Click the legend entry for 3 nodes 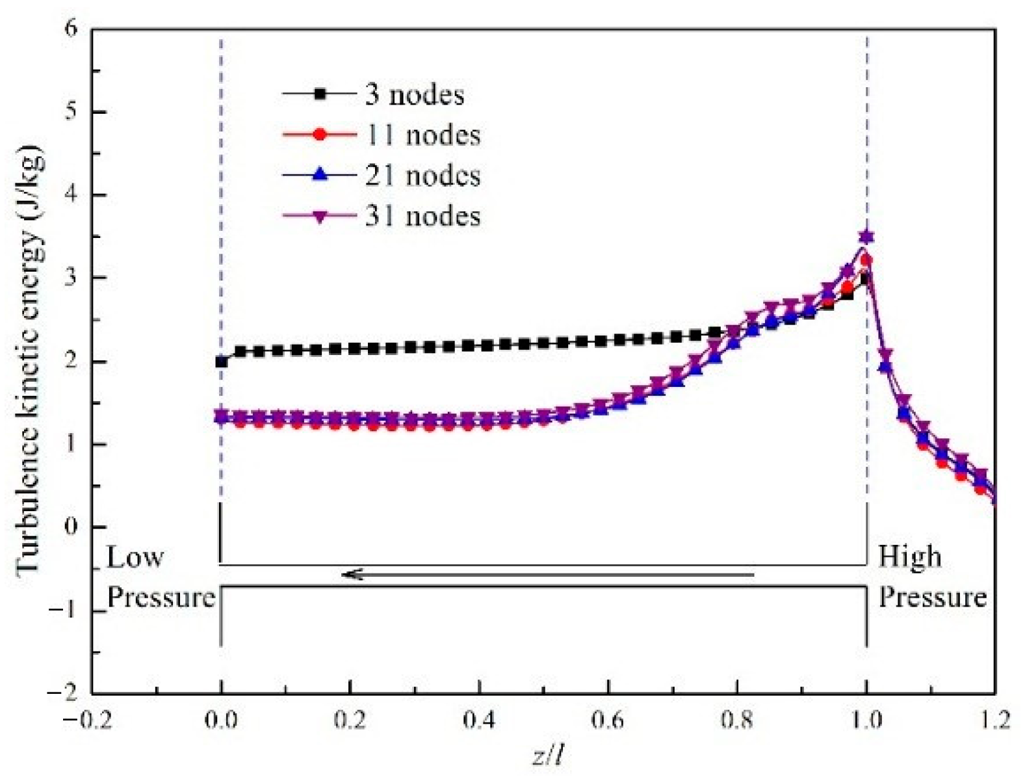[414, 95]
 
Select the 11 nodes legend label [422, 135]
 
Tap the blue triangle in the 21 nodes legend [319, 175]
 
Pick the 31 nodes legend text [422, 216]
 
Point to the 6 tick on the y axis [70, 29]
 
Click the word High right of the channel [909, 557]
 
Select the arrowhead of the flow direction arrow [351, 574]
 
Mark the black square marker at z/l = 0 [222, 362]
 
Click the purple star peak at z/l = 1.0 [866, 237]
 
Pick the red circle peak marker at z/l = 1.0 [866, 261]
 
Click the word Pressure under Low [161, 597]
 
